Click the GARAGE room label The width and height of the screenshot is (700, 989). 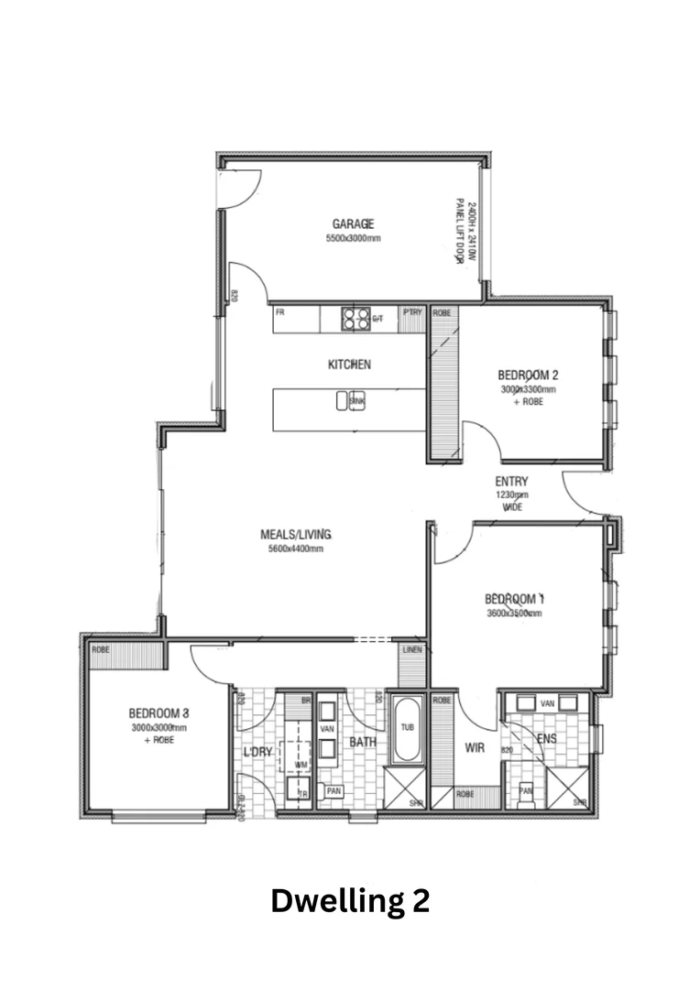[x=353, y=223]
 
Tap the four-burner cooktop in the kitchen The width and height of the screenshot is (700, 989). [x=355, y=318]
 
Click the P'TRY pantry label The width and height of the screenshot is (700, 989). [x=412, y=312]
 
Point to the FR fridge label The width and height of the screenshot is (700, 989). [x=280, y=312]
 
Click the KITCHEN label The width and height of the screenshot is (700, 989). [x=349, y=364]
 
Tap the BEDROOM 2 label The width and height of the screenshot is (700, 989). [x=528, y=375]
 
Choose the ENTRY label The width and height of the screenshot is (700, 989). [x=511, y=482]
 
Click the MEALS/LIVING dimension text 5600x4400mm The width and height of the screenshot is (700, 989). [x=295, y=549]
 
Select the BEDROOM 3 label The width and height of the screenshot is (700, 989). [x=159, y=712]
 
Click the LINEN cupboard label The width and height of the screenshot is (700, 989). [x=412, y=649]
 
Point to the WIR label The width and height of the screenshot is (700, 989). [x=475, y=748]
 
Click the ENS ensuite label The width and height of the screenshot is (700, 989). [x=546, y=738]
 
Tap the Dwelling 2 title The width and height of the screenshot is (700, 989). [x=350, y=901]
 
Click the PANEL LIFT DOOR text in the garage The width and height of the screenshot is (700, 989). [x=461, y=233]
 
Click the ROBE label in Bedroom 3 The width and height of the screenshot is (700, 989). [x=100, y=649]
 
